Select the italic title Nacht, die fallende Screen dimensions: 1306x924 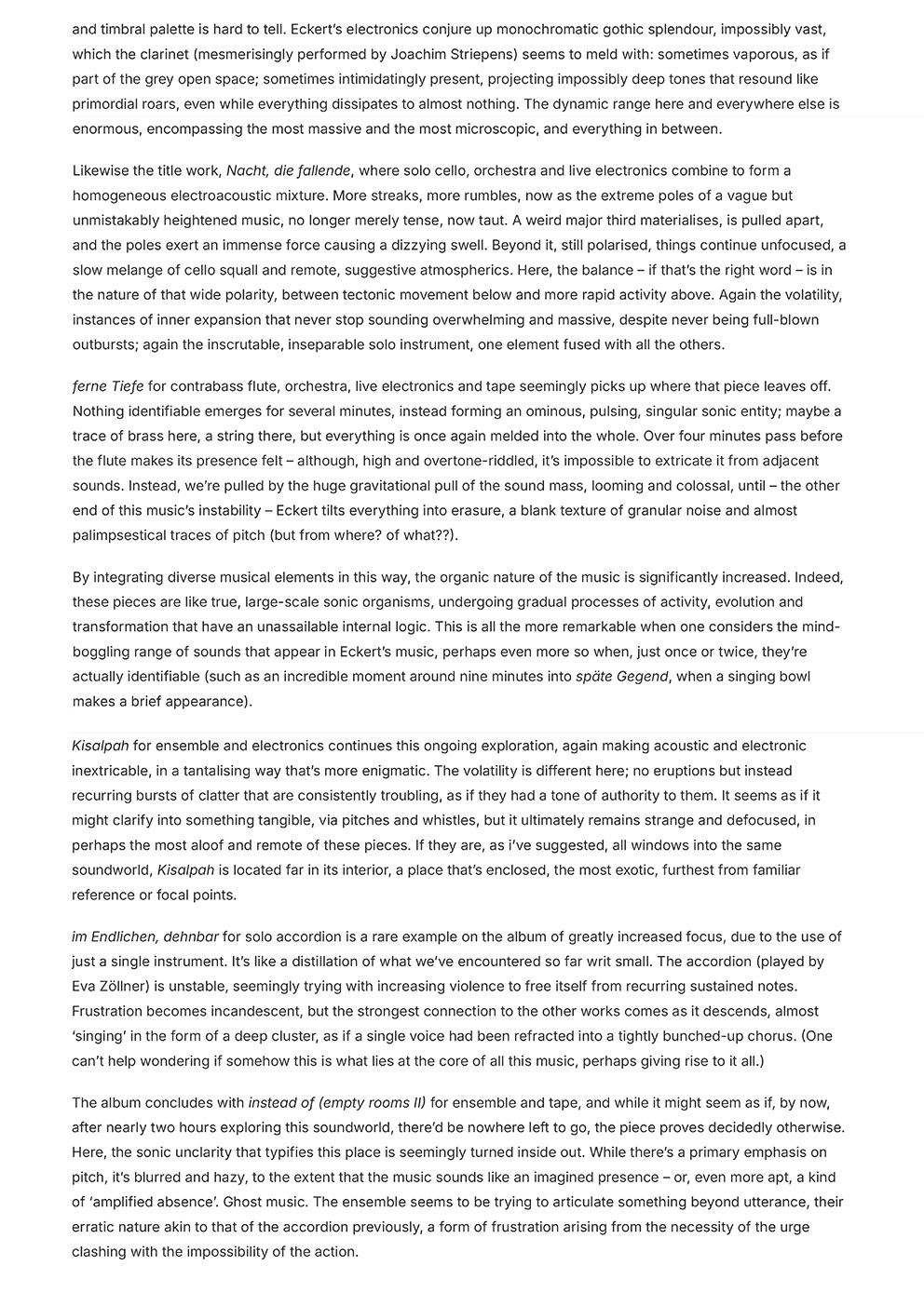click(288, 170)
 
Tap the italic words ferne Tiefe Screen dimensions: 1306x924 click(108, 386)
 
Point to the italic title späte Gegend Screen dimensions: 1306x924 click(621, 676)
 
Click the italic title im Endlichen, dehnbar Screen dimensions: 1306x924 click(145, 936)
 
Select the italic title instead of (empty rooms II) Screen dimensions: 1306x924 click(336, 1103)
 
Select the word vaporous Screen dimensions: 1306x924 click(790, 54)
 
